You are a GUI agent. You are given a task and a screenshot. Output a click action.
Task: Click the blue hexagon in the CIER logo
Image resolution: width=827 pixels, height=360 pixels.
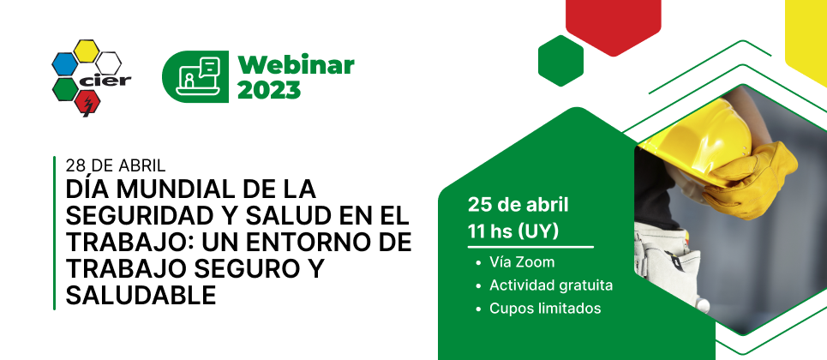[x=64, y=64]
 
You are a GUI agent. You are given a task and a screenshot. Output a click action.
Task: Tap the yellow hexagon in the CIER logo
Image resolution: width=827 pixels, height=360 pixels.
[x=86, y=51]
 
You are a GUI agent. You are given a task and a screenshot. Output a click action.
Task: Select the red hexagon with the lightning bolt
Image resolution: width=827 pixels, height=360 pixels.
[x=87, y=102]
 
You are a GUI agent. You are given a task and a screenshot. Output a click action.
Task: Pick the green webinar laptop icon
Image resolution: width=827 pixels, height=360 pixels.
[x=195, y=76]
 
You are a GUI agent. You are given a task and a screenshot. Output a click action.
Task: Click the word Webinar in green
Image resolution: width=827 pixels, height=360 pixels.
[x=296, y=65]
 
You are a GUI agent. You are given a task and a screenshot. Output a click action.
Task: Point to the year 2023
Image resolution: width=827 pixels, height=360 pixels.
[x=269, y=90]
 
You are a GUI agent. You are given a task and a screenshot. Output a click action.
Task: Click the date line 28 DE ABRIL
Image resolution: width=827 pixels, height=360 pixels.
[x=116, y=165]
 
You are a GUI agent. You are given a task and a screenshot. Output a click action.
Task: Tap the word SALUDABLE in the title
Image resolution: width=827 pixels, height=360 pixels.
[x=141, y=296]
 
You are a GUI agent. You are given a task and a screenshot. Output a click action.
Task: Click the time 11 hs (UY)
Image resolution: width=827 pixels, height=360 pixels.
[x=512, y=231]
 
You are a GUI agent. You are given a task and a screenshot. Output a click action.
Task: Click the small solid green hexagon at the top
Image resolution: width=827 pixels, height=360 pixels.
[x=560, y=60]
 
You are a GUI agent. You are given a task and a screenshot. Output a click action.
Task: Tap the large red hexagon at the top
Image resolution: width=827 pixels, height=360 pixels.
[x=613, y=24]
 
